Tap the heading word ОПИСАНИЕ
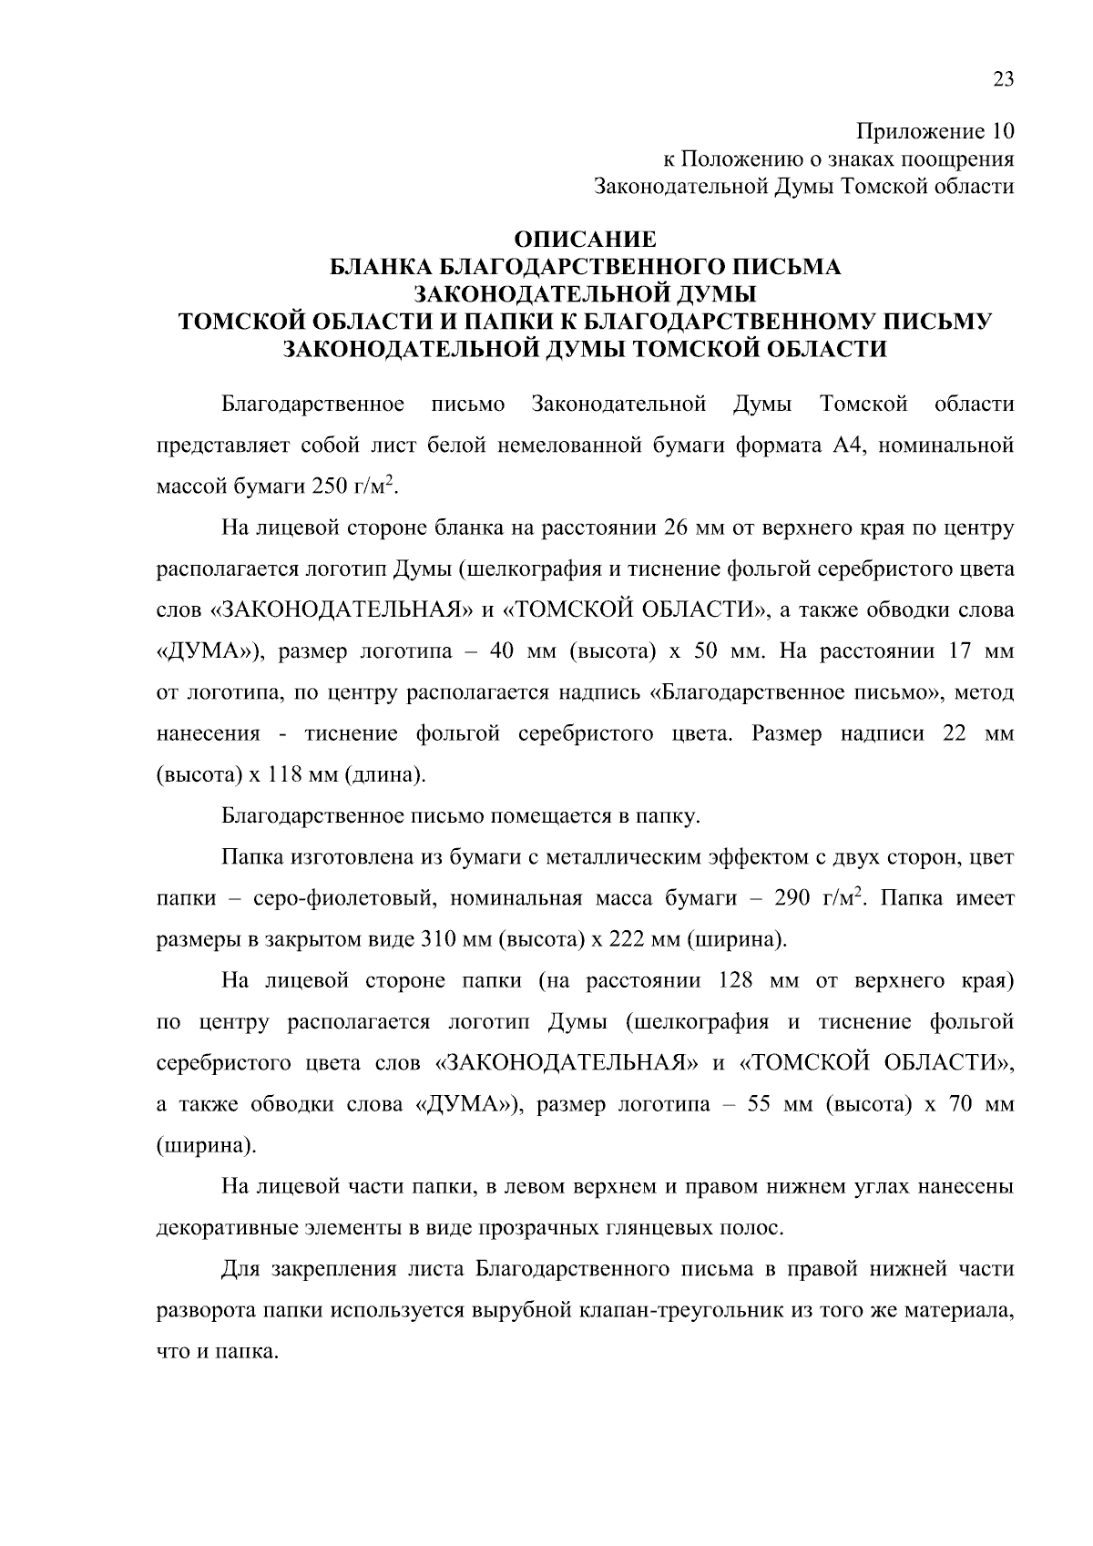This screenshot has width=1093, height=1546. click(x=585, y=241)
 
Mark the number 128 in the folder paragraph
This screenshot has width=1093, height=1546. click(x=737, y=981)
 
